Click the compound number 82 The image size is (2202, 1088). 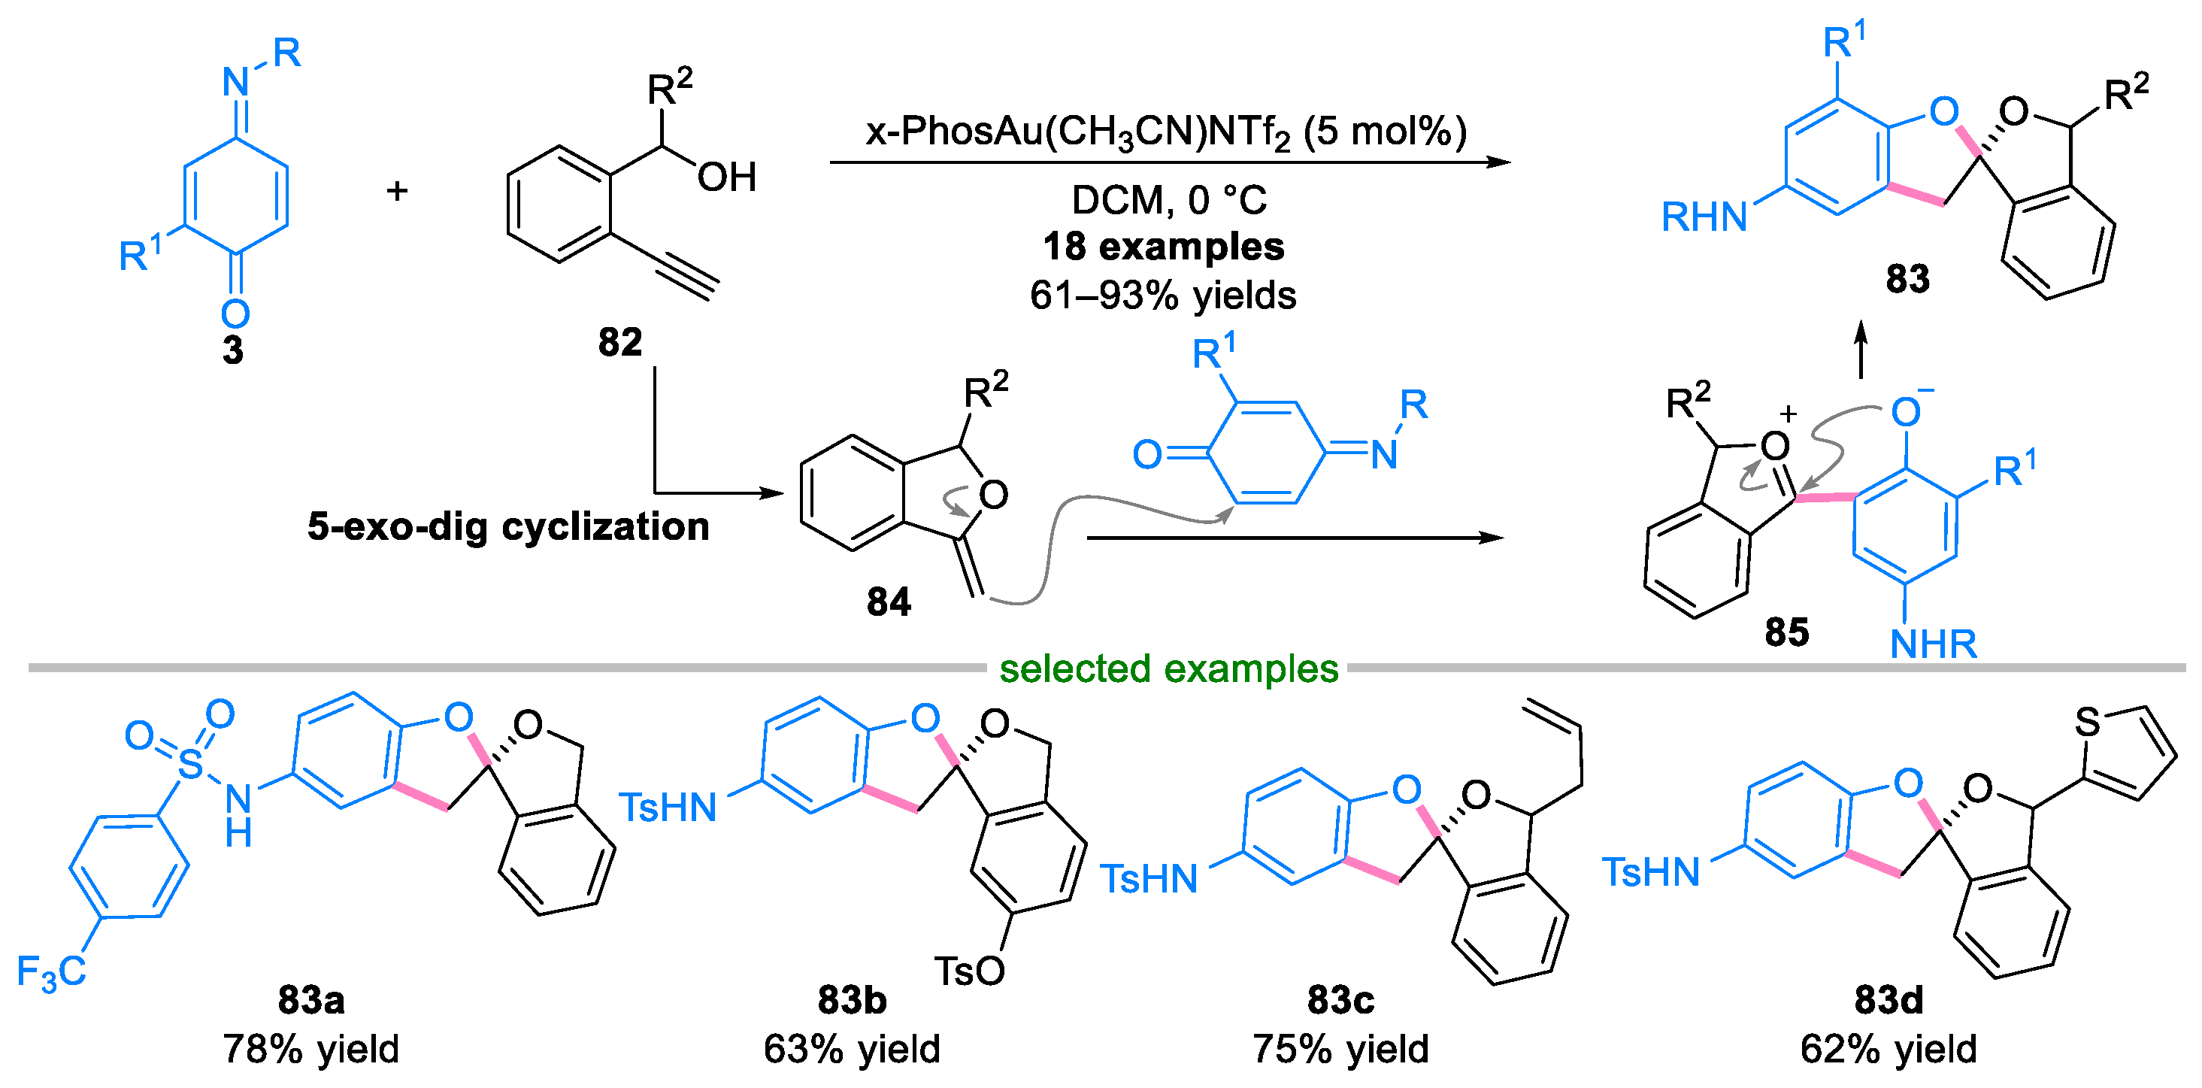pyautogui.click(x=619, y=343)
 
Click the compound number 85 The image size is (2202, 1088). pyautogui.click(x=1786, y=632)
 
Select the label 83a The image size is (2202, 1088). pyautogui.click(x=311, y=999)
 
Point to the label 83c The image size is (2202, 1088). pyautogui.click(x=1340, y=999)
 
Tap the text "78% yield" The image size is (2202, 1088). pyautogui.click(x=311, y=1049)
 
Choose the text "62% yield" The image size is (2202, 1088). pyautogui.click(x=1889, y=1049)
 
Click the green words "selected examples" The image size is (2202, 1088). pyautogui.click(x=1168, y=668)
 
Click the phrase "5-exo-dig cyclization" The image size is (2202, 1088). pyautogui.click(x=509, y=526)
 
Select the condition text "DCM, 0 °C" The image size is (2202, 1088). pyautogui.click(x=1168, y=200)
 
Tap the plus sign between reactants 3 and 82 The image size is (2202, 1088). pyautogui.click(x=397, y=190)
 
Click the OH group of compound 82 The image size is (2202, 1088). pyautogui.click(x=726, y=177)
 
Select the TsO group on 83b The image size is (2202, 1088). pyautogui.click(x=969, y=971)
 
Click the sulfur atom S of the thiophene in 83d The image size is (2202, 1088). pyautogui.click(x=2088, y=722)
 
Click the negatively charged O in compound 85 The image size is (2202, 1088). pyautogui.click(x=1905, y=413)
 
